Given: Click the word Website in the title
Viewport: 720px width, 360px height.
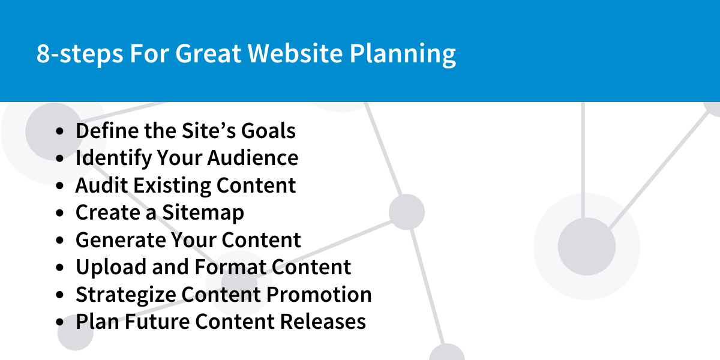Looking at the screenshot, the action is pyautogui.click(x=295, y=53).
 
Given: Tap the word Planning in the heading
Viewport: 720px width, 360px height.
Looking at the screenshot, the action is pyautogui.click(x=403, y=55).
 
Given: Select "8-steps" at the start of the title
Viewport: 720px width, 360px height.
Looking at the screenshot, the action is pyautogui.click(x=80, y=55).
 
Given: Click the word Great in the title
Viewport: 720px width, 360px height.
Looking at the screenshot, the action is pyautogui.click(x=208, y=53).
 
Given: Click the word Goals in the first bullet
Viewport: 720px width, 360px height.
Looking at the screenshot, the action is pyautogui.click(x=268, y=131).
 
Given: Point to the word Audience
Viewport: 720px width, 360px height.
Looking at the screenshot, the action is pyautogui.click(x=253, y=158).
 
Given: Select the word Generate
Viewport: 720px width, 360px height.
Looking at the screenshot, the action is pyautogui.click(x=120, y=240).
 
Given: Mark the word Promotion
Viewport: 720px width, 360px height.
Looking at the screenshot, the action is pyautogui.click(x=319, y=295).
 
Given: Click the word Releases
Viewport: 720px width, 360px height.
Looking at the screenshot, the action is pyautogui.click(x=323, y=322).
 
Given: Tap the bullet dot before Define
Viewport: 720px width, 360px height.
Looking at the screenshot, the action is pyautogui.click(x=59, y=131).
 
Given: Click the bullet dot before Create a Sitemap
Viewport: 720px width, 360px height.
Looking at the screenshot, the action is pyautogui.click(x=59, y=213).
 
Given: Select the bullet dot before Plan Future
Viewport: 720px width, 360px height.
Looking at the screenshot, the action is pyautogui.click(x=59, y=322).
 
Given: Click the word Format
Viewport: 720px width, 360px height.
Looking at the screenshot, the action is pyautogui.click(x=230, y=267).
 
